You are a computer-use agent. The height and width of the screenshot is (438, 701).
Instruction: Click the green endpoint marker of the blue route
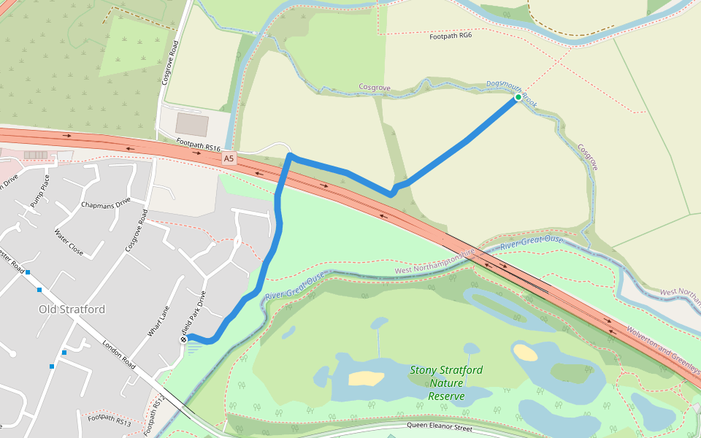(x=518, y=96)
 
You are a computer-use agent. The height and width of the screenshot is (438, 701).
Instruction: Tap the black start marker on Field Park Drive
(x=184, y=339)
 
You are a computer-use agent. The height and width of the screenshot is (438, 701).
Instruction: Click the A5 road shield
(x=229, y=158)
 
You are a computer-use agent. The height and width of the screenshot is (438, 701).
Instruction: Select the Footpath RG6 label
(x=451, y=36)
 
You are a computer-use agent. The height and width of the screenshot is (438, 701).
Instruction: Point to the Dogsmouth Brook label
(x=512, y=94)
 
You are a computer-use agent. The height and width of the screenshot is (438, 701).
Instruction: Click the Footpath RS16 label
(x=198, y=146)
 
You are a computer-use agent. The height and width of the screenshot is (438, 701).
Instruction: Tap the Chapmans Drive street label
(x=106, y=202)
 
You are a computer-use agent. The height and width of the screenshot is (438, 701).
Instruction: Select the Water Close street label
(x=69, y=243)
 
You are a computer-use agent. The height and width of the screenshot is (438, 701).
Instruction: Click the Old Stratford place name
(x=72, y=310)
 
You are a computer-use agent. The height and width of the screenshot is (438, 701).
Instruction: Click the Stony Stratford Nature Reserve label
(x=445, y=383)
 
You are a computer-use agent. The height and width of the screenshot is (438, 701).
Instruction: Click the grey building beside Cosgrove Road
(x=191, y=124)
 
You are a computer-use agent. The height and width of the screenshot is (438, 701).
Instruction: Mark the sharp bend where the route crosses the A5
(x=290, y=156)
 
